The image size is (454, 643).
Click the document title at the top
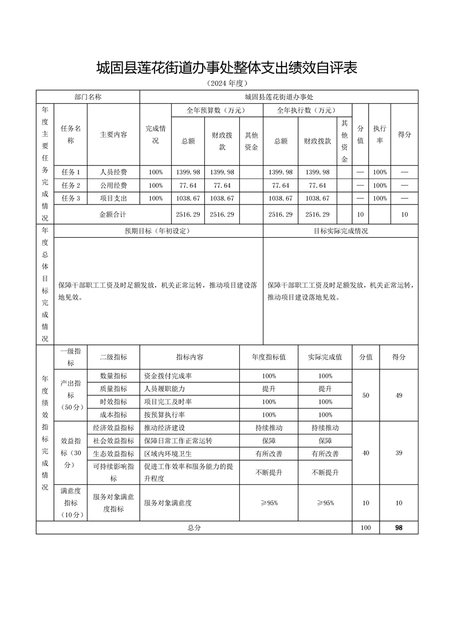point(227,68)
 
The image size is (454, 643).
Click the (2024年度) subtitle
point(227,84)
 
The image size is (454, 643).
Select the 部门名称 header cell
point(88,97)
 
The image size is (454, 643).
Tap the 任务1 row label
point(70,172)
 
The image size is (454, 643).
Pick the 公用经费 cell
point(113,185)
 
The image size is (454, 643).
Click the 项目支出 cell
point(113,198)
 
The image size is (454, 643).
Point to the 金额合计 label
point(113,214)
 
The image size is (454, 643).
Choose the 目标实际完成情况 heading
point(341,231)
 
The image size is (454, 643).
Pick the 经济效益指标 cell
point(113,428)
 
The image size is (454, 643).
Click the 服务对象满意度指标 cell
point(113,503)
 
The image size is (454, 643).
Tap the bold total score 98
point(398,528)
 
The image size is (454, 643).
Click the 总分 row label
point(194,528)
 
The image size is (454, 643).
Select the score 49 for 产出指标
point(398,395)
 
